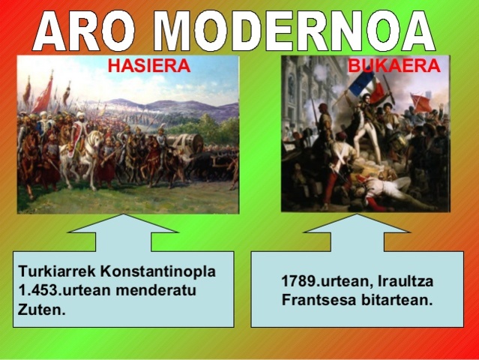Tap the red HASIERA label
point(149,66)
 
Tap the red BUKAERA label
point(394,66)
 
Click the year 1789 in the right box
point(298,282)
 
